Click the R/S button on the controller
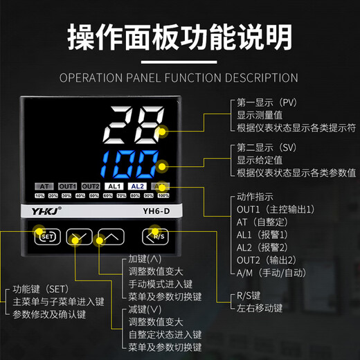point(156,237)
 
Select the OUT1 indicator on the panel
point(67,186)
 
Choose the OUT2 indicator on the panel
point(91,186)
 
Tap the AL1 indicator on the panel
point(114,186)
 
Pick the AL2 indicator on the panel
point(136,186)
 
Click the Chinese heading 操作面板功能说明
point(179,39)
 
